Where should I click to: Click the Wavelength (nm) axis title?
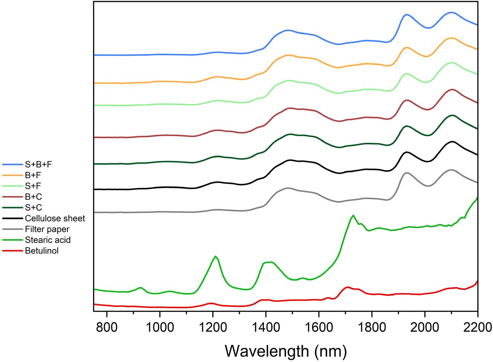[285, 350]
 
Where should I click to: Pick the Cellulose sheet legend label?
[55, 219]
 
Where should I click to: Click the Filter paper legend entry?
[47, 229]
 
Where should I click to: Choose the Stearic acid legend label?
[48, 240]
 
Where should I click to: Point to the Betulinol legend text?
[42, 251]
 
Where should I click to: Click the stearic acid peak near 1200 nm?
[215, 256]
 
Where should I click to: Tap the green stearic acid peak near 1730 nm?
[353, 215]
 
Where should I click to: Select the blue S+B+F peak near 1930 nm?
[407, 14]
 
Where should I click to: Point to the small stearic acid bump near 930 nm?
[141, 287]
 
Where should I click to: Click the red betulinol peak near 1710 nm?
[347, 287]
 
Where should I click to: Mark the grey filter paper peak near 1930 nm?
[407, 173]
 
